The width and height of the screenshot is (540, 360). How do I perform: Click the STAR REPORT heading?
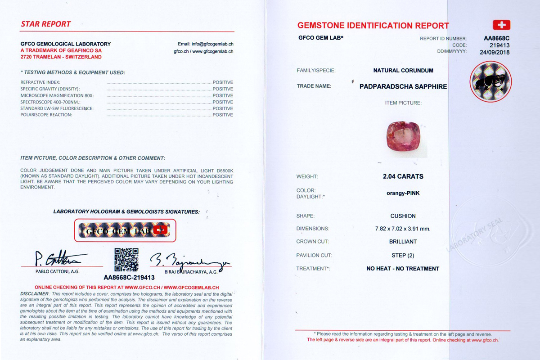pos(46,24)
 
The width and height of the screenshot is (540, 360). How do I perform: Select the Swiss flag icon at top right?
pos(501,25)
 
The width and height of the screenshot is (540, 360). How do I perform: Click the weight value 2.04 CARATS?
pos(403,176)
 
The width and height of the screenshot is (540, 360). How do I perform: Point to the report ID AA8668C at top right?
pos(496,39)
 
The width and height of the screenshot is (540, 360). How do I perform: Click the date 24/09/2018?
pos(495,52)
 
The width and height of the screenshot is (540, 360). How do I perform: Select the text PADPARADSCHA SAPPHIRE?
pos(403,86)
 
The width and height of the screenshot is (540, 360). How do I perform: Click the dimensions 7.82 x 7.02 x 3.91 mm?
pos(403,229)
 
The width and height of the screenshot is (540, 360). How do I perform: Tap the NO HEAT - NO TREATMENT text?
pos(403,269)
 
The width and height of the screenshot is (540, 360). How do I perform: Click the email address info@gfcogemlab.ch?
pos(206,44)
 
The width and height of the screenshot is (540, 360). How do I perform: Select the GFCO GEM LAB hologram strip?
pos(125,230)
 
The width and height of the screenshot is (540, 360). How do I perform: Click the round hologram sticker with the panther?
pos(490,81)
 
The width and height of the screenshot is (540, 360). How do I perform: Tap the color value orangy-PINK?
pos(403,193)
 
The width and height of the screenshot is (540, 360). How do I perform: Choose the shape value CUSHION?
pos(403,216)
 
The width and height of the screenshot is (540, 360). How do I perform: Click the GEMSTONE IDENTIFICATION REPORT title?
pos(373,25)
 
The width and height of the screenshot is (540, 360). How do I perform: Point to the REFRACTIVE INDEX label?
pos(40,82)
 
